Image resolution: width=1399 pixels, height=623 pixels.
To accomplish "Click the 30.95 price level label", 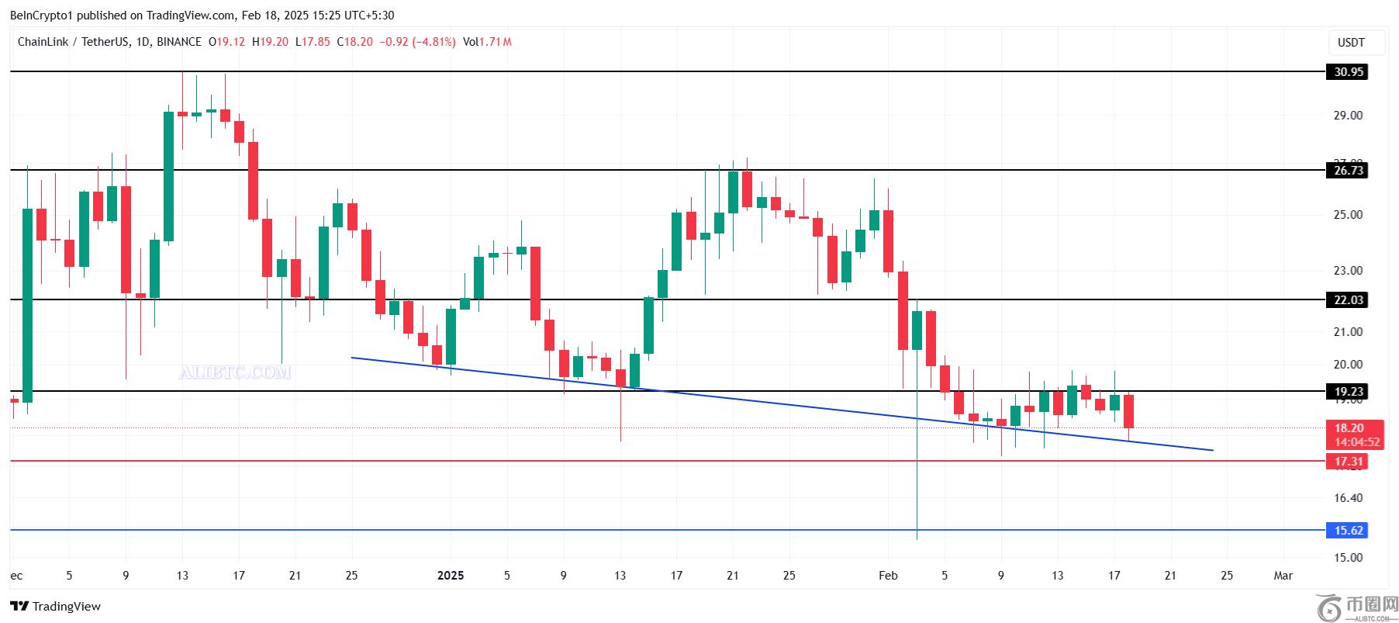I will (1348, 72).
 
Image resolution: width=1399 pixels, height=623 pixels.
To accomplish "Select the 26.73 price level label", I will (1348, 171).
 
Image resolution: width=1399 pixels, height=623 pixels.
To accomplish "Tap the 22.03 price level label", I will (1348, 300).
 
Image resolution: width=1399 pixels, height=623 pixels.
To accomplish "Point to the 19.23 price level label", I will (1348, 392).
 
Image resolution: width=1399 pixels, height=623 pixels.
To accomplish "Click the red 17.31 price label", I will (1348, 462).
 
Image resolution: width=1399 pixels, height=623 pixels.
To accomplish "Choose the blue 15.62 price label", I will (1348, 531).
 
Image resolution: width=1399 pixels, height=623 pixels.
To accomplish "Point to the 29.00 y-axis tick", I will (1348, 116).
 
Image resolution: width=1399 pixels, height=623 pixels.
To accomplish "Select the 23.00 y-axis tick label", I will (1348, 271).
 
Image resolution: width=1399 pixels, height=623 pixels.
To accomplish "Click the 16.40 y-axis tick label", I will (1348, 498).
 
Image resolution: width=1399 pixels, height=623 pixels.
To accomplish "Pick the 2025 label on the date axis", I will (451, 576).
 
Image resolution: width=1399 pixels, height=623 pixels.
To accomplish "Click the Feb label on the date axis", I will (888, 576).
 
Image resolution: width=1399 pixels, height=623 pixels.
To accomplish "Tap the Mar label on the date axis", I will (1283, 576).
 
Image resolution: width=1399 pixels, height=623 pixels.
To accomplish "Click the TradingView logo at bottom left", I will (56, 607).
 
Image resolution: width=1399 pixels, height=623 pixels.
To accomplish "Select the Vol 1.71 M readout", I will (487, 42).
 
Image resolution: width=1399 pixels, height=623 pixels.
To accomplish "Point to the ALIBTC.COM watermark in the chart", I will (235, 373).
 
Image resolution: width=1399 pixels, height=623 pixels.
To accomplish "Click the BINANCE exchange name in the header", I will (179, 42).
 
